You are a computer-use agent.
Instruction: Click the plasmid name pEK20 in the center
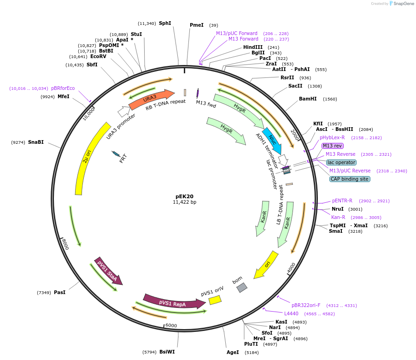tap(184, 196)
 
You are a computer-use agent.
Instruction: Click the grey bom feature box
tap(242, 288)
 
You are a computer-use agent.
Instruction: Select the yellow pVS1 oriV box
tap(215, 300)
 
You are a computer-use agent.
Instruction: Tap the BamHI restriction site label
tap(308, 99)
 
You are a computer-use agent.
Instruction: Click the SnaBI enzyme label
tap(36, 142)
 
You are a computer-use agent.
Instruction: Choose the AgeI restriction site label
tap(233, 352)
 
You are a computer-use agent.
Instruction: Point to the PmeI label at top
tap(197, 25)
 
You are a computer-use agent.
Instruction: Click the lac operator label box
tap(341, 162)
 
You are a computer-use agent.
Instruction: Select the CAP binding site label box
tap(350, 179)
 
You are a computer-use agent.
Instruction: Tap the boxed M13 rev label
tap(333, 146)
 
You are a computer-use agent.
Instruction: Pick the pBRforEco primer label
tap(63, 88)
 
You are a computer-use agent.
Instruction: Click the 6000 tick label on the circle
tap(171, 325)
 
